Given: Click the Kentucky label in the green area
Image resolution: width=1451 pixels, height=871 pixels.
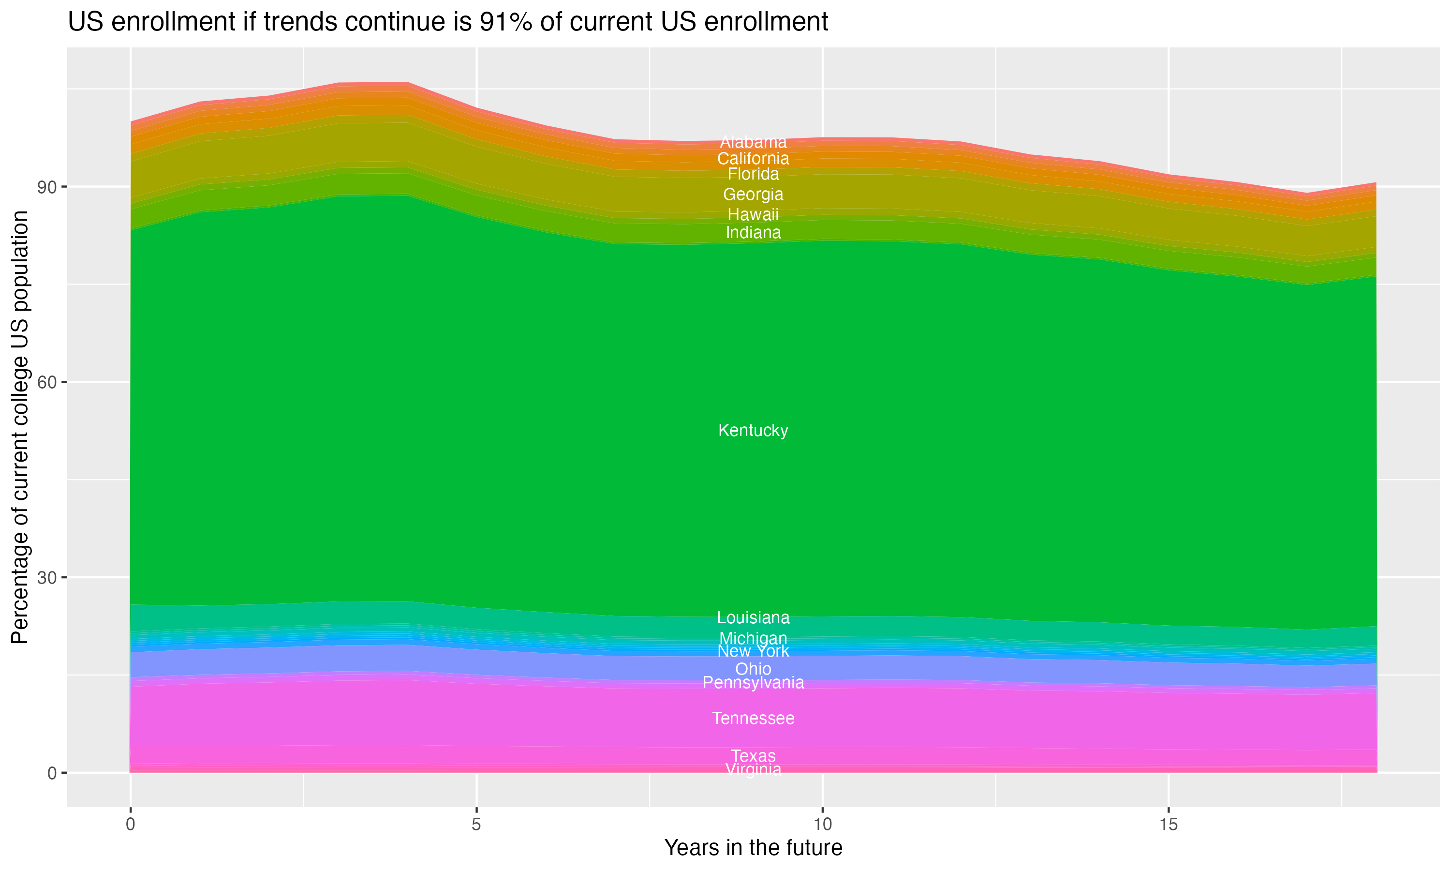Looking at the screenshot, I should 753,430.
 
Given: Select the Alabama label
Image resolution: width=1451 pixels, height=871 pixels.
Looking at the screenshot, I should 753,142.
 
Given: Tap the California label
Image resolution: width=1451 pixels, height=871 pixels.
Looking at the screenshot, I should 753,158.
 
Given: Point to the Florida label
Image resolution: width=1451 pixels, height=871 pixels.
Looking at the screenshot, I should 753,174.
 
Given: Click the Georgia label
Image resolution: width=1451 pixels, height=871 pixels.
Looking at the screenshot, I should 753,194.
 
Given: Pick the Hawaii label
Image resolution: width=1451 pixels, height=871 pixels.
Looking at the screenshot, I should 753,214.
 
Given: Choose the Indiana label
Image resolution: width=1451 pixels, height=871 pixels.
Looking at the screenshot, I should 753,232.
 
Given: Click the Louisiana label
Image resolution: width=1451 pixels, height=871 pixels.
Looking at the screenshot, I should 753,617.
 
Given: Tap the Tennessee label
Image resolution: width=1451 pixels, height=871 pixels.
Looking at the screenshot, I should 753,719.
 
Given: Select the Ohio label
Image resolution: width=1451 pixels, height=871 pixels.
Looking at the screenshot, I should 753,669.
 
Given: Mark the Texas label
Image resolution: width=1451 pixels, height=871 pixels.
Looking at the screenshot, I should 753,756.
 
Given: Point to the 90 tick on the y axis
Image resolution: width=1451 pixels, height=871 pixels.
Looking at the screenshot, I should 47,187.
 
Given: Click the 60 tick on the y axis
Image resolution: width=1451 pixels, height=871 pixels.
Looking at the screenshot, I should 47,383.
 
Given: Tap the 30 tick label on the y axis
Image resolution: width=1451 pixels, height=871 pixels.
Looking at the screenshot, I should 47,578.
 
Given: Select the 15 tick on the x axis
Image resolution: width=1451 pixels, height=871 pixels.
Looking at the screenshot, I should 1169,825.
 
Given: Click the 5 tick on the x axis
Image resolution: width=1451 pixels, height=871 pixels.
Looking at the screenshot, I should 476,825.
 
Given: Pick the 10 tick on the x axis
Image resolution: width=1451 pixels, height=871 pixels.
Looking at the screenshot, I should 822,825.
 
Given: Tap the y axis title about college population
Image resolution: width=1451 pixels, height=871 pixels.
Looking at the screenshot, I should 20,427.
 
